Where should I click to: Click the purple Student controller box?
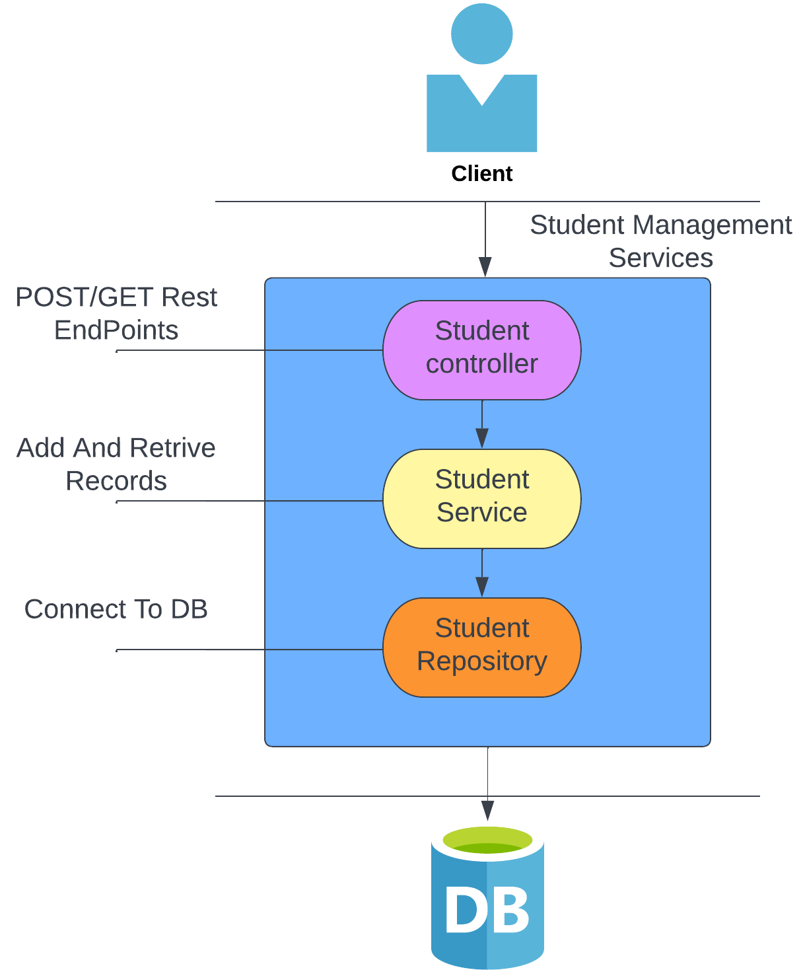[x=481, y=350]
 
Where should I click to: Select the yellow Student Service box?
[x=481, y=498]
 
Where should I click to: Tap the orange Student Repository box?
[x=481, y=647]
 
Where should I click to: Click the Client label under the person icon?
[x=481, y=173]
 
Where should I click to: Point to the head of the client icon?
[x=481, y=34]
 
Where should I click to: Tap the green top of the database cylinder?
[x=487, y=840]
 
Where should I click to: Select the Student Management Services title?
[x=660, y=241]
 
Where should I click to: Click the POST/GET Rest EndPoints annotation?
[x=116, y=313]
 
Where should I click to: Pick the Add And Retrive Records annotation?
[x=116, y=464]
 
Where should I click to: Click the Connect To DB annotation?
[x=116, y=609]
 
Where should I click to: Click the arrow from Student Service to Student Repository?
[x=482, y=573]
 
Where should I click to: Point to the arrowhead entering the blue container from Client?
[x=485, y=267]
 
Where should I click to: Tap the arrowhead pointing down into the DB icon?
[x=487, y=811]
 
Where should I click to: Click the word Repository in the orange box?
[x=481, y=661]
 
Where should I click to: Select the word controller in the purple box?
[x=481, y=364]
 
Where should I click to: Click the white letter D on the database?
[x=466, y=910]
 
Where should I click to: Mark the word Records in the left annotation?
[x=116, y=481]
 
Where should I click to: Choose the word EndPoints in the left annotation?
[x=116, y=330]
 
